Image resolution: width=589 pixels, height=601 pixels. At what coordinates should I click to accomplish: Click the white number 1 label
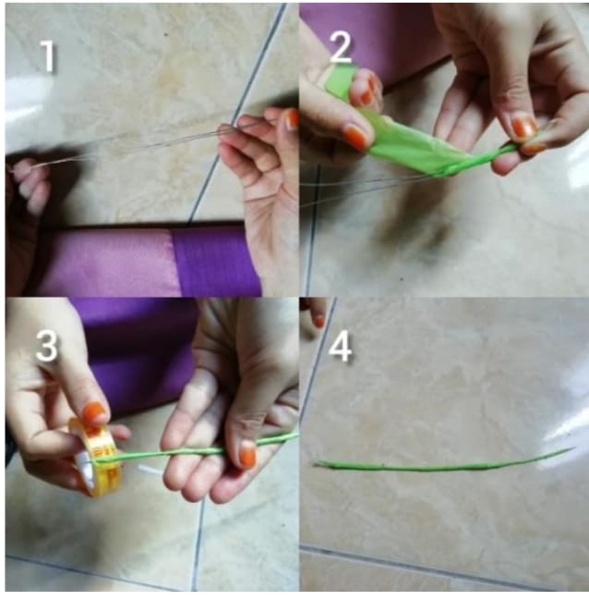click(x=48, y=56)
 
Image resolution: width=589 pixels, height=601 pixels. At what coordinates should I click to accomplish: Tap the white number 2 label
click(x=341, y=47)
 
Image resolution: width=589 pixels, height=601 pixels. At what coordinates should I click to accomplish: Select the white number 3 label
click(x=47, y=346)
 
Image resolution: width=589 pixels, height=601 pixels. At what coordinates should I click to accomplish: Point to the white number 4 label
click(x=341, y=347)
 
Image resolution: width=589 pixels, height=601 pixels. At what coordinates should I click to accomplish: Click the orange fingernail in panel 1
click(x=292, y=118)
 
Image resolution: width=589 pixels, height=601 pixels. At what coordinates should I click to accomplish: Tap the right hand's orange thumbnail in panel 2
click(x=523, y=127)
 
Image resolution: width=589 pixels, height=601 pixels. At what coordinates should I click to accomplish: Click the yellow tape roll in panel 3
click(x=96, y=456)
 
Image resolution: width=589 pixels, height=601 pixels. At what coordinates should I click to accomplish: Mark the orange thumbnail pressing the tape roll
click(x=94, y=412)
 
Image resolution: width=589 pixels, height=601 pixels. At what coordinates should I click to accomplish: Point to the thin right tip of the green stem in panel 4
click(x=574, y=448)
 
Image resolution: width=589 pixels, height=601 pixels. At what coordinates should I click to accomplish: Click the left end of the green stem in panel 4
click(x=315, y=464)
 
